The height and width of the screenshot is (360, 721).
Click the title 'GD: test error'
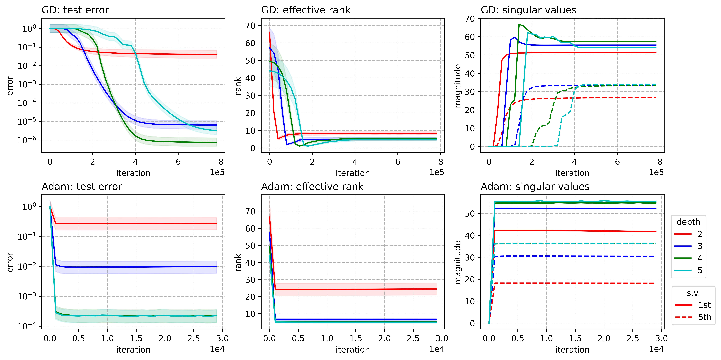pyautogui.click(x=75, y=10)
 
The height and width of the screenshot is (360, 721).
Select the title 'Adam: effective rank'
pyautogui.click(x=312, y=187)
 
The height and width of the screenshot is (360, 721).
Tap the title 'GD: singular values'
pyautogui.click(x=528, y=10)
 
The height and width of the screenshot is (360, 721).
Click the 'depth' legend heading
pyautogui.click(x=688, y=222)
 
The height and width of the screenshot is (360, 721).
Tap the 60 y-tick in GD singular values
pyautogui.click(x=470, y=37)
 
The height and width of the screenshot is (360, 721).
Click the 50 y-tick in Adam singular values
pyautogui.click(x=470, y=214)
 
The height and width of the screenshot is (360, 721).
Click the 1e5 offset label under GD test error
pyautogui.click(x=217, y=172)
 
